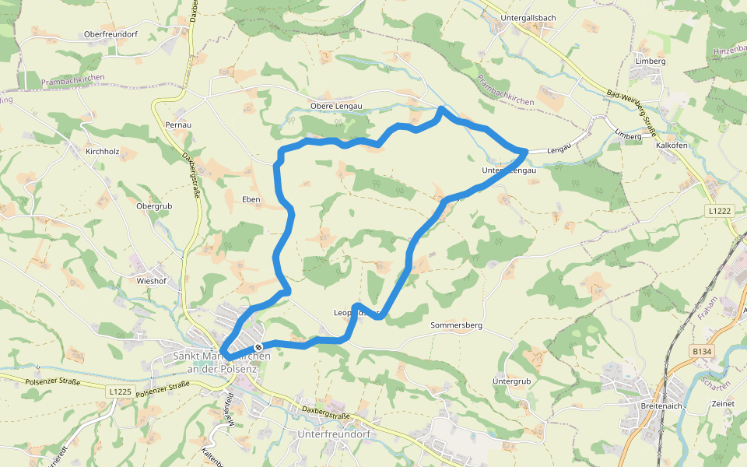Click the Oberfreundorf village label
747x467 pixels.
point(110,35)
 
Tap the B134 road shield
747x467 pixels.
point(703,352)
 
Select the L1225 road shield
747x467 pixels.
point(119,391)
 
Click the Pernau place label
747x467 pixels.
point(178,125)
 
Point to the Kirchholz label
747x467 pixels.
point(102,151)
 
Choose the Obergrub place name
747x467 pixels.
point(153,206)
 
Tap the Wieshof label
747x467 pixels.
point(152,280)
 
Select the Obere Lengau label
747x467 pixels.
point(336,106)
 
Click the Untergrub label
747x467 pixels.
point(511,381)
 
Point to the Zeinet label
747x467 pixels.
point(723,405)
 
